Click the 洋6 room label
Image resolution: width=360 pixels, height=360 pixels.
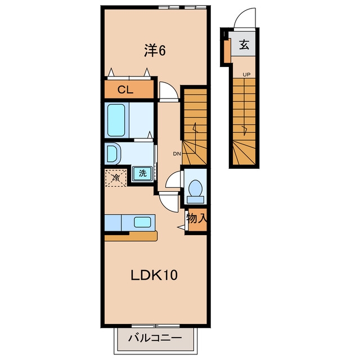155,51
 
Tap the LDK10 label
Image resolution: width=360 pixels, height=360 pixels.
154,275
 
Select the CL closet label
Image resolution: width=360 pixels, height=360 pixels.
125,90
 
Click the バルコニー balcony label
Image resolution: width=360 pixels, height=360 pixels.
155,337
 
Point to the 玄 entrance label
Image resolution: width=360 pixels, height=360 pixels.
244,44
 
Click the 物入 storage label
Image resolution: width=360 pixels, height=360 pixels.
197,218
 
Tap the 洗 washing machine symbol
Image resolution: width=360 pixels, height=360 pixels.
142,173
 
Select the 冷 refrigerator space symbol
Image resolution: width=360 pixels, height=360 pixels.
116,178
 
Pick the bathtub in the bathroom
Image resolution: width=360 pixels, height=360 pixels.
116,120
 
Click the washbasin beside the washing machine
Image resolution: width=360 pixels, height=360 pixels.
112,153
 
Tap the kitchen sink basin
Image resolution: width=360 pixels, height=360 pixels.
142,222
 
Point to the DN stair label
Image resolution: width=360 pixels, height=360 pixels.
177,154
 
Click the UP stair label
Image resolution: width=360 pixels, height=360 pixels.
246,75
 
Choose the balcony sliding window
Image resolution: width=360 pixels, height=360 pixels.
155,326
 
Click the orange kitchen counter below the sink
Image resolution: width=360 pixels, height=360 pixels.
131,236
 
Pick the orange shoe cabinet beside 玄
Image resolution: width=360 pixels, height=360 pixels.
228,51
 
